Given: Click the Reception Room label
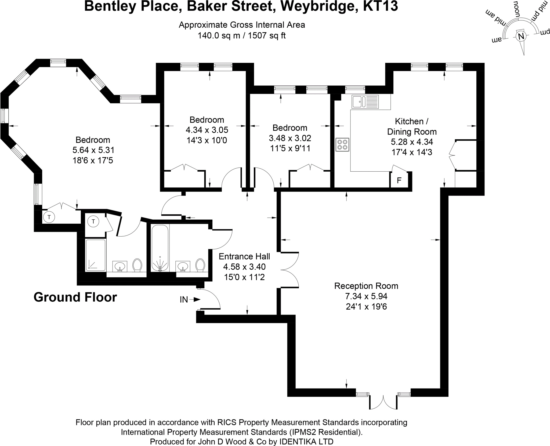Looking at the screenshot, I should pos(366,286).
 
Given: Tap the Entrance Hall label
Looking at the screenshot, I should pos(244,256).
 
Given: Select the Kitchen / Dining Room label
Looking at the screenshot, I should pos(412,126).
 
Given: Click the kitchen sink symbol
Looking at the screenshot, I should pos(365,102).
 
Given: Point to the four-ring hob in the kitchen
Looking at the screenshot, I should pos(342,145).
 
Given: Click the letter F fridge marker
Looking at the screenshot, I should pos(399,180).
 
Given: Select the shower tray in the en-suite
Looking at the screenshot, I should pos(96,255).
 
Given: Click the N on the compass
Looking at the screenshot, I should pos(521,36).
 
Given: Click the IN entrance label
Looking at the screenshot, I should pos(184,300).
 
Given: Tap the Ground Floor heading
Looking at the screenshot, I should pos(75,297).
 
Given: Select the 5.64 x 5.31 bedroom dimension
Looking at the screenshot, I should pos(93,150).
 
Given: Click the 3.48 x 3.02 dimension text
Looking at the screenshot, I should pos(290,138).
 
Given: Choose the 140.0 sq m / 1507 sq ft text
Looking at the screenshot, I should pos(242,36).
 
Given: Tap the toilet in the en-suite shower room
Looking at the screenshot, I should pos(137,265).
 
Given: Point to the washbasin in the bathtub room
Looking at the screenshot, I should pos(183,266).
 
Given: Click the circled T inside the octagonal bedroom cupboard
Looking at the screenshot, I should pos(49,217).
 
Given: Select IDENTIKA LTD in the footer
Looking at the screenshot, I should pos(306,441).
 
